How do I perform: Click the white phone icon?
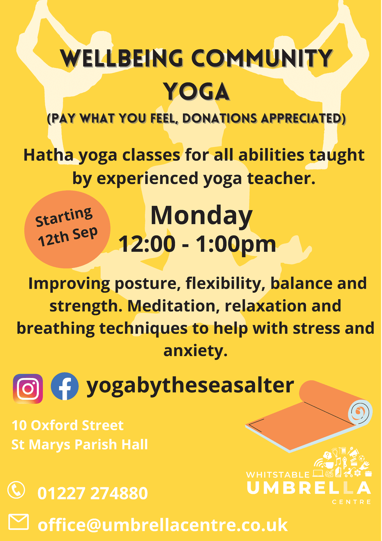pos(16,490)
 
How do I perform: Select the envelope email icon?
pos(19,522)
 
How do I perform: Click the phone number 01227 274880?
pos(93,493)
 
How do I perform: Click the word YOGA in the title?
pos(197,91)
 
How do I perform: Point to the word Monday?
pos(202,215)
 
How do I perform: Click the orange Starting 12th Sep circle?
pos(67,229)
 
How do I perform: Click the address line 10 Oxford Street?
pos(68,425)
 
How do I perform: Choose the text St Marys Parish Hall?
pos(80,445)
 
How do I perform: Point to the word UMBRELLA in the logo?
pos(309,488)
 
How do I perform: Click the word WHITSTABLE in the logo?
pos(278,475)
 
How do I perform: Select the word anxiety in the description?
pos(196,351)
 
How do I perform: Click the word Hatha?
pos(48,155)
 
